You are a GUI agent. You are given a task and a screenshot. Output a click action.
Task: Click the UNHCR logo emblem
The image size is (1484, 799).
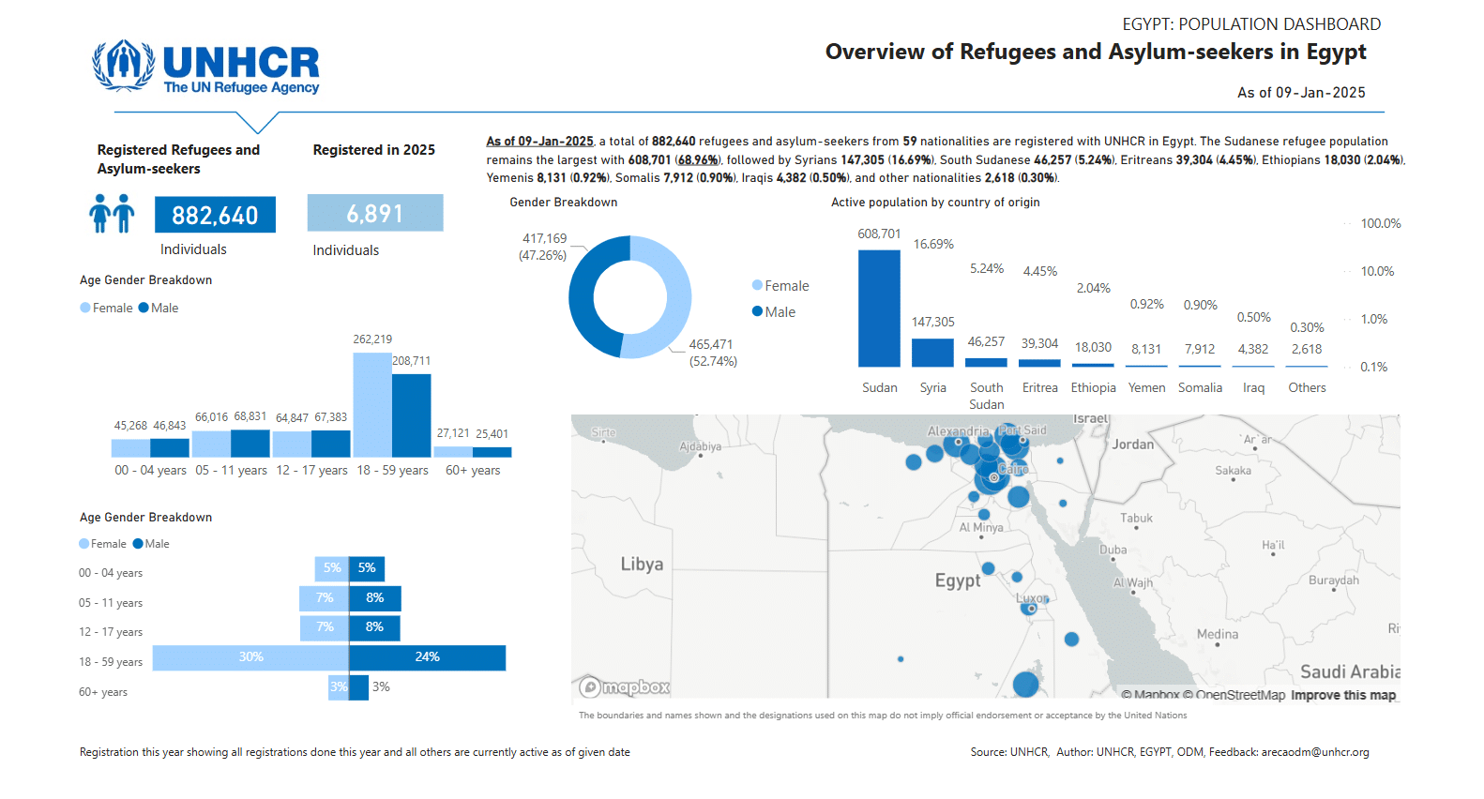(123, 65)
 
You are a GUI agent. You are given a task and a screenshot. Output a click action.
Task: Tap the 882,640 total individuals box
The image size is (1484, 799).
(215, 215)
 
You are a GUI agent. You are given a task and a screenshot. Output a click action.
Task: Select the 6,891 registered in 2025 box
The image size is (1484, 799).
(375, 213)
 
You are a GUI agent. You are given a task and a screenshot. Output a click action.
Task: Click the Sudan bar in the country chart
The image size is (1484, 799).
(879, 309)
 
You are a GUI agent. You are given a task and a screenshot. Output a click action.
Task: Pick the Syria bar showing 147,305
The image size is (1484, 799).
(932, 352)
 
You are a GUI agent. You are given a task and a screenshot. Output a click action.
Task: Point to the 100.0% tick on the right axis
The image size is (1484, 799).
(1380, 223)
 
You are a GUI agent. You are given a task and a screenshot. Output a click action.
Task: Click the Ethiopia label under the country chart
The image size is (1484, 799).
(1093, 387)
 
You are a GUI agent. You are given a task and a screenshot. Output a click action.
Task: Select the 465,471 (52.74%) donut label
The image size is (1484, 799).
(712, 353)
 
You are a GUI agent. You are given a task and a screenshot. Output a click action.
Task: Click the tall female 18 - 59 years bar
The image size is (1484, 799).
(372, 404)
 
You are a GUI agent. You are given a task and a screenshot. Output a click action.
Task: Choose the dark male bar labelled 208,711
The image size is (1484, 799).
(411, 415)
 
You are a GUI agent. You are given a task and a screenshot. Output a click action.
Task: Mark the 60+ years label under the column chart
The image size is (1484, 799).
(473, 470)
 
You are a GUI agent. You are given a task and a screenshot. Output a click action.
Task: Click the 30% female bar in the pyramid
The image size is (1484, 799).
(250, 657)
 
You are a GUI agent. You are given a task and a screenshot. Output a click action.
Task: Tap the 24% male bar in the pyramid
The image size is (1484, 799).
(428, 657)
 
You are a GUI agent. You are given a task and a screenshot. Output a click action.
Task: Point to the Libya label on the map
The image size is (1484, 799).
(642, 565)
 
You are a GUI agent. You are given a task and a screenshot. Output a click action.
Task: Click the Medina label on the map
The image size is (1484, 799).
(1217, 635)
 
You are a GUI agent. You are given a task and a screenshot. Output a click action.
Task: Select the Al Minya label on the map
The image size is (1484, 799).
(980, 527)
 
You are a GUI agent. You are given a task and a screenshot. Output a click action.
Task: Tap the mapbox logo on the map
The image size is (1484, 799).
(625, 687)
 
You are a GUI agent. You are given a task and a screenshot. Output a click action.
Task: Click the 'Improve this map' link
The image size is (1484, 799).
(1342, 695)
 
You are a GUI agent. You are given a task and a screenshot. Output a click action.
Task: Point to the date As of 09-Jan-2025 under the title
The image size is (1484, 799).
(1300, 92)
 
